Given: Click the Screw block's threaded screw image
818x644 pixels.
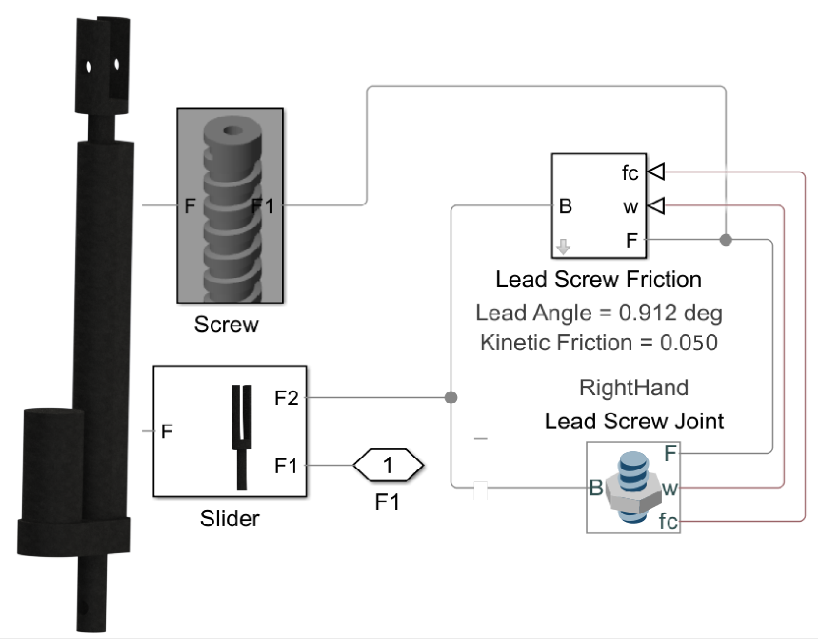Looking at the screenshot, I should (231, 211).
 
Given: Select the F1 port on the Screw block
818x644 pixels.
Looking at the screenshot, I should (263, 206).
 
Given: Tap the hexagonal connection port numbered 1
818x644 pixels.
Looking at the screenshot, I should (388, 465).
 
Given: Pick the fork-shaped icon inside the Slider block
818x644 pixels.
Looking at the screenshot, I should (242, 437).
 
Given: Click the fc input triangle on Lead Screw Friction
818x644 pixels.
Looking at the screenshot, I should (657, 172).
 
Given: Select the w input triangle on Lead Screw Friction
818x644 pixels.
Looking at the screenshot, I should (657, 206).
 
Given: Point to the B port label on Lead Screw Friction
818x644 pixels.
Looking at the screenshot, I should (565, 206).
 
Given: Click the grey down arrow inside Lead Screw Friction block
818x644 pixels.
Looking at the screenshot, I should (563, 246).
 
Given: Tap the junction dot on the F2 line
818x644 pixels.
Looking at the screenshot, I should (451, 398).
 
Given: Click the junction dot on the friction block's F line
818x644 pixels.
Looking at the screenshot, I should (725, 240).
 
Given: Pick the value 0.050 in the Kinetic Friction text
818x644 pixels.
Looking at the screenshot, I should (688, 343).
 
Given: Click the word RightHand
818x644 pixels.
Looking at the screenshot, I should (634, 388).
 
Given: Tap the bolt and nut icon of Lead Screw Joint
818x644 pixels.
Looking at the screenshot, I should (633, 488).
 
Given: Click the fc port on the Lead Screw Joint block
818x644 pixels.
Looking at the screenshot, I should (668, 521).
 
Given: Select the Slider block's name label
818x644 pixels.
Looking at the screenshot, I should (230, 518).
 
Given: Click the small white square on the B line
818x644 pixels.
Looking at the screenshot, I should (480, 490).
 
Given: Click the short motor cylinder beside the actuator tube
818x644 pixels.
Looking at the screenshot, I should (53, 464).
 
